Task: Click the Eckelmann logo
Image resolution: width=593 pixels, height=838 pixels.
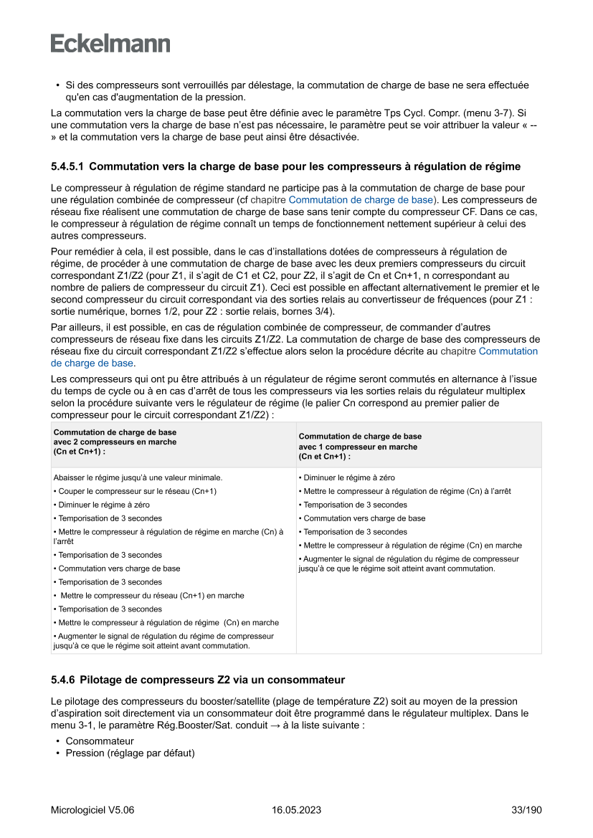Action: coord(110,43)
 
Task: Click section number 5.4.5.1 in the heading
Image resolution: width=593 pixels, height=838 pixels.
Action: coord(67,167)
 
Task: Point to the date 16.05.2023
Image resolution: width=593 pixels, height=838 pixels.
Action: coord(296,810)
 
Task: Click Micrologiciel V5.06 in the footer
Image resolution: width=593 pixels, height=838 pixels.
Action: coord(92,810)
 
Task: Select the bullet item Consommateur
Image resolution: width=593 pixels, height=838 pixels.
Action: coord(100,741)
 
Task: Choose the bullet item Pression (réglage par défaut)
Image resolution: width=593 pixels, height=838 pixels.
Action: coord(130,753)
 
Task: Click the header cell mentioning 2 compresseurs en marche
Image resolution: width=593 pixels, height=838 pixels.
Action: coord(115,442)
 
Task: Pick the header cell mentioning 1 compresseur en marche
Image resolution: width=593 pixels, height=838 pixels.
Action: coord(359,447)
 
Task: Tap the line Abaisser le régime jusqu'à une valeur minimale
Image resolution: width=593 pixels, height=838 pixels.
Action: coord(138,477)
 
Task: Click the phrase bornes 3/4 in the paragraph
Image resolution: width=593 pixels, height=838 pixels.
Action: coord(306,312)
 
